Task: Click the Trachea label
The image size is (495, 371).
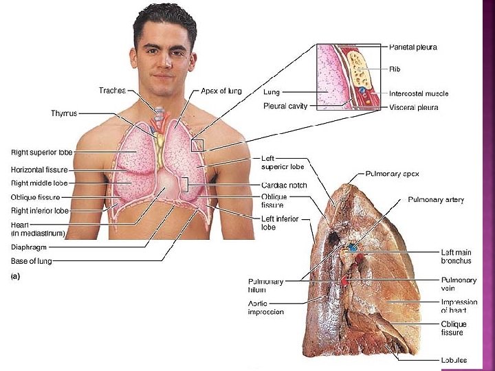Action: point(112,91)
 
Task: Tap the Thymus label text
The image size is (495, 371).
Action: point(64,113)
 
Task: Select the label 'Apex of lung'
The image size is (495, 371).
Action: point(221,91)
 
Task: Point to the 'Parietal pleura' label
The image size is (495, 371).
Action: point(412,47)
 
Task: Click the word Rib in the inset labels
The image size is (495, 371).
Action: point(395,69)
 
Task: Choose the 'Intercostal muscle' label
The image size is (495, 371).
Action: point(419,93)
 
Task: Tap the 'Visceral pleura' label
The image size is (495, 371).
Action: point(413,107)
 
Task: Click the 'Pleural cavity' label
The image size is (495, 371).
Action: point(285,106)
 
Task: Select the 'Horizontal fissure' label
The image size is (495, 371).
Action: point(38,169)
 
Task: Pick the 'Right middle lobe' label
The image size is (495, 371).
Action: point(38,183)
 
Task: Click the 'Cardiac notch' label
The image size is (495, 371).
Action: point(284,185)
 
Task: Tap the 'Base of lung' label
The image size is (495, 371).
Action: point(31,261)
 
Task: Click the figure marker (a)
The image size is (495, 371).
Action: point(16,277)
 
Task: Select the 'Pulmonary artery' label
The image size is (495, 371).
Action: point(436,200)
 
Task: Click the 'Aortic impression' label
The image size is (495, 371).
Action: point(266,308)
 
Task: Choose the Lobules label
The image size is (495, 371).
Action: point(454,360)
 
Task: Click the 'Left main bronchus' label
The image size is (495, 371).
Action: point(456,257)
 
